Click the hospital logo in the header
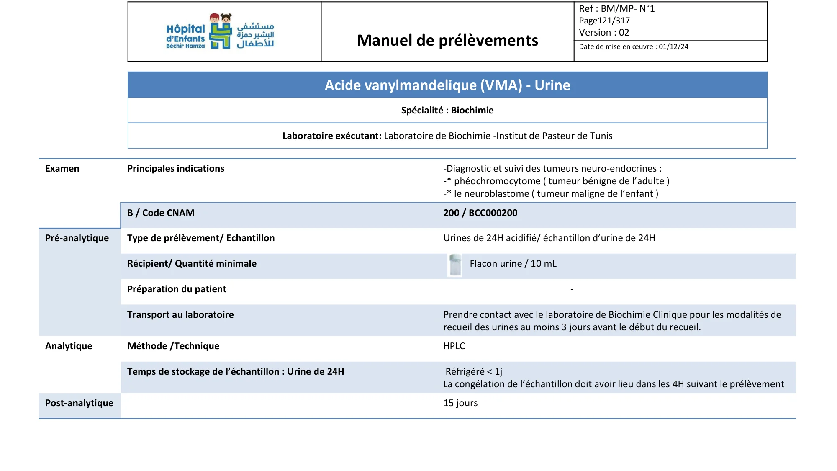(220, 31)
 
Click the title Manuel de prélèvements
(447, 40)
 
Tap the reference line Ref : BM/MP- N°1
(616, 8)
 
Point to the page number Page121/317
(604, 21)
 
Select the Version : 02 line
(603, 33)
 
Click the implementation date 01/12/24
(673, 46)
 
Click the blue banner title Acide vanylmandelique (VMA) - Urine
(447, 85)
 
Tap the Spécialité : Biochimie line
(447, 110)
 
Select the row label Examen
(62, 168)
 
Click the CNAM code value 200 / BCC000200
(480, 213)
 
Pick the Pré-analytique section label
(77, 238)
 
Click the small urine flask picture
(455, 265)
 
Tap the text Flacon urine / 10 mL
(513, 263)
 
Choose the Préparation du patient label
(177, 289)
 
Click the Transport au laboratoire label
(180, 314)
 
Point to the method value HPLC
(454, 346)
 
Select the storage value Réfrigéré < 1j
(474, 371)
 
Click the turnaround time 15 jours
(460, 403)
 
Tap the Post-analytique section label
(79, 403)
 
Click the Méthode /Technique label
(173, 346)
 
